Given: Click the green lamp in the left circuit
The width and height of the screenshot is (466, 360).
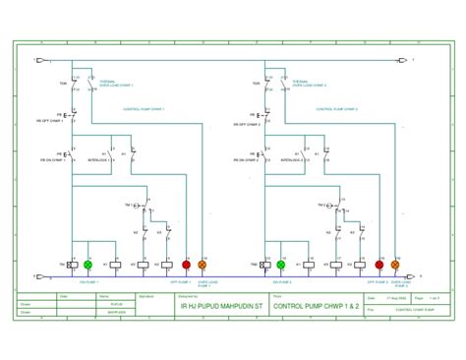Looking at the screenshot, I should click(87, 265).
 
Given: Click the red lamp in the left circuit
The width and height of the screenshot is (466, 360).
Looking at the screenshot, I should click(187, 265).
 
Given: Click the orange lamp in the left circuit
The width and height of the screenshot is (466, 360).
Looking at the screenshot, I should click(203, 265).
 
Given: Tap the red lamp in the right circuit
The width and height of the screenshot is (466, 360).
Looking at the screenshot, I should click(379, 265).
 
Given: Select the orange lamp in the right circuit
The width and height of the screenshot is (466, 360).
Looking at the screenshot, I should click(395, 265).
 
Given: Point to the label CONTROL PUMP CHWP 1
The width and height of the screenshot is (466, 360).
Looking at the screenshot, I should click(145, 109).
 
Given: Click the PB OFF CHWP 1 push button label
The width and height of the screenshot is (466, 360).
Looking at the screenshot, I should click(53, 124).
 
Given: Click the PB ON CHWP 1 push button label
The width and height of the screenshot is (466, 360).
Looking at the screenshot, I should click(53, 158).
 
